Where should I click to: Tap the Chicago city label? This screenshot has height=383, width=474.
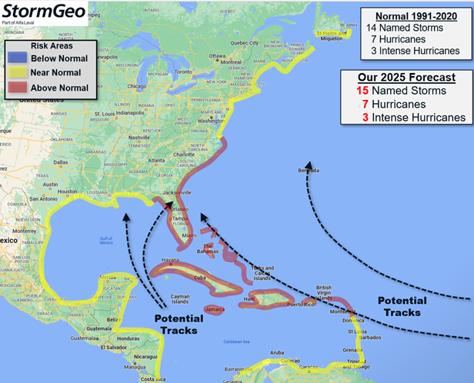[115, 86]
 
